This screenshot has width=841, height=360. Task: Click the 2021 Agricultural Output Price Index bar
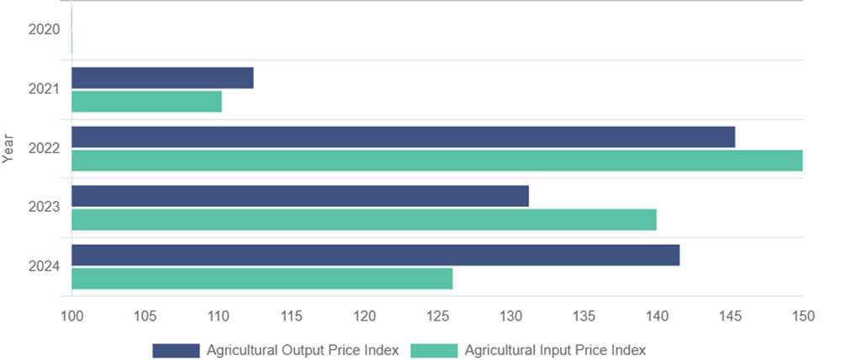(162, 78)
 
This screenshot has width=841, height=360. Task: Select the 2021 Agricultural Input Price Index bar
(146, 102)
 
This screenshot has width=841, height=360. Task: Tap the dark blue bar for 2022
(403, 137)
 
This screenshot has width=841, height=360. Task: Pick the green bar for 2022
(436, 161)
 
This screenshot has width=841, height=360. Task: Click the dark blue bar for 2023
(299, 196)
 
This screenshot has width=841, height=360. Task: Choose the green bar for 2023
(363, 220)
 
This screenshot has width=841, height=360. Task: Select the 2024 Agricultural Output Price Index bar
(375, 255)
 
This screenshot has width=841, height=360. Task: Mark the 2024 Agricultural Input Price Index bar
(262, 278)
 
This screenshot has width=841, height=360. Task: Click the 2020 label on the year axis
(44, 30)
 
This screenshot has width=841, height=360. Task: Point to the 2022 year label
(44, 149)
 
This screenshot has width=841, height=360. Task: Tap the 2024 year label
(44, 267)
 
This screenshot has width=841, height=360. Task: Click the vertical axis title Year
(8, 148)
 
